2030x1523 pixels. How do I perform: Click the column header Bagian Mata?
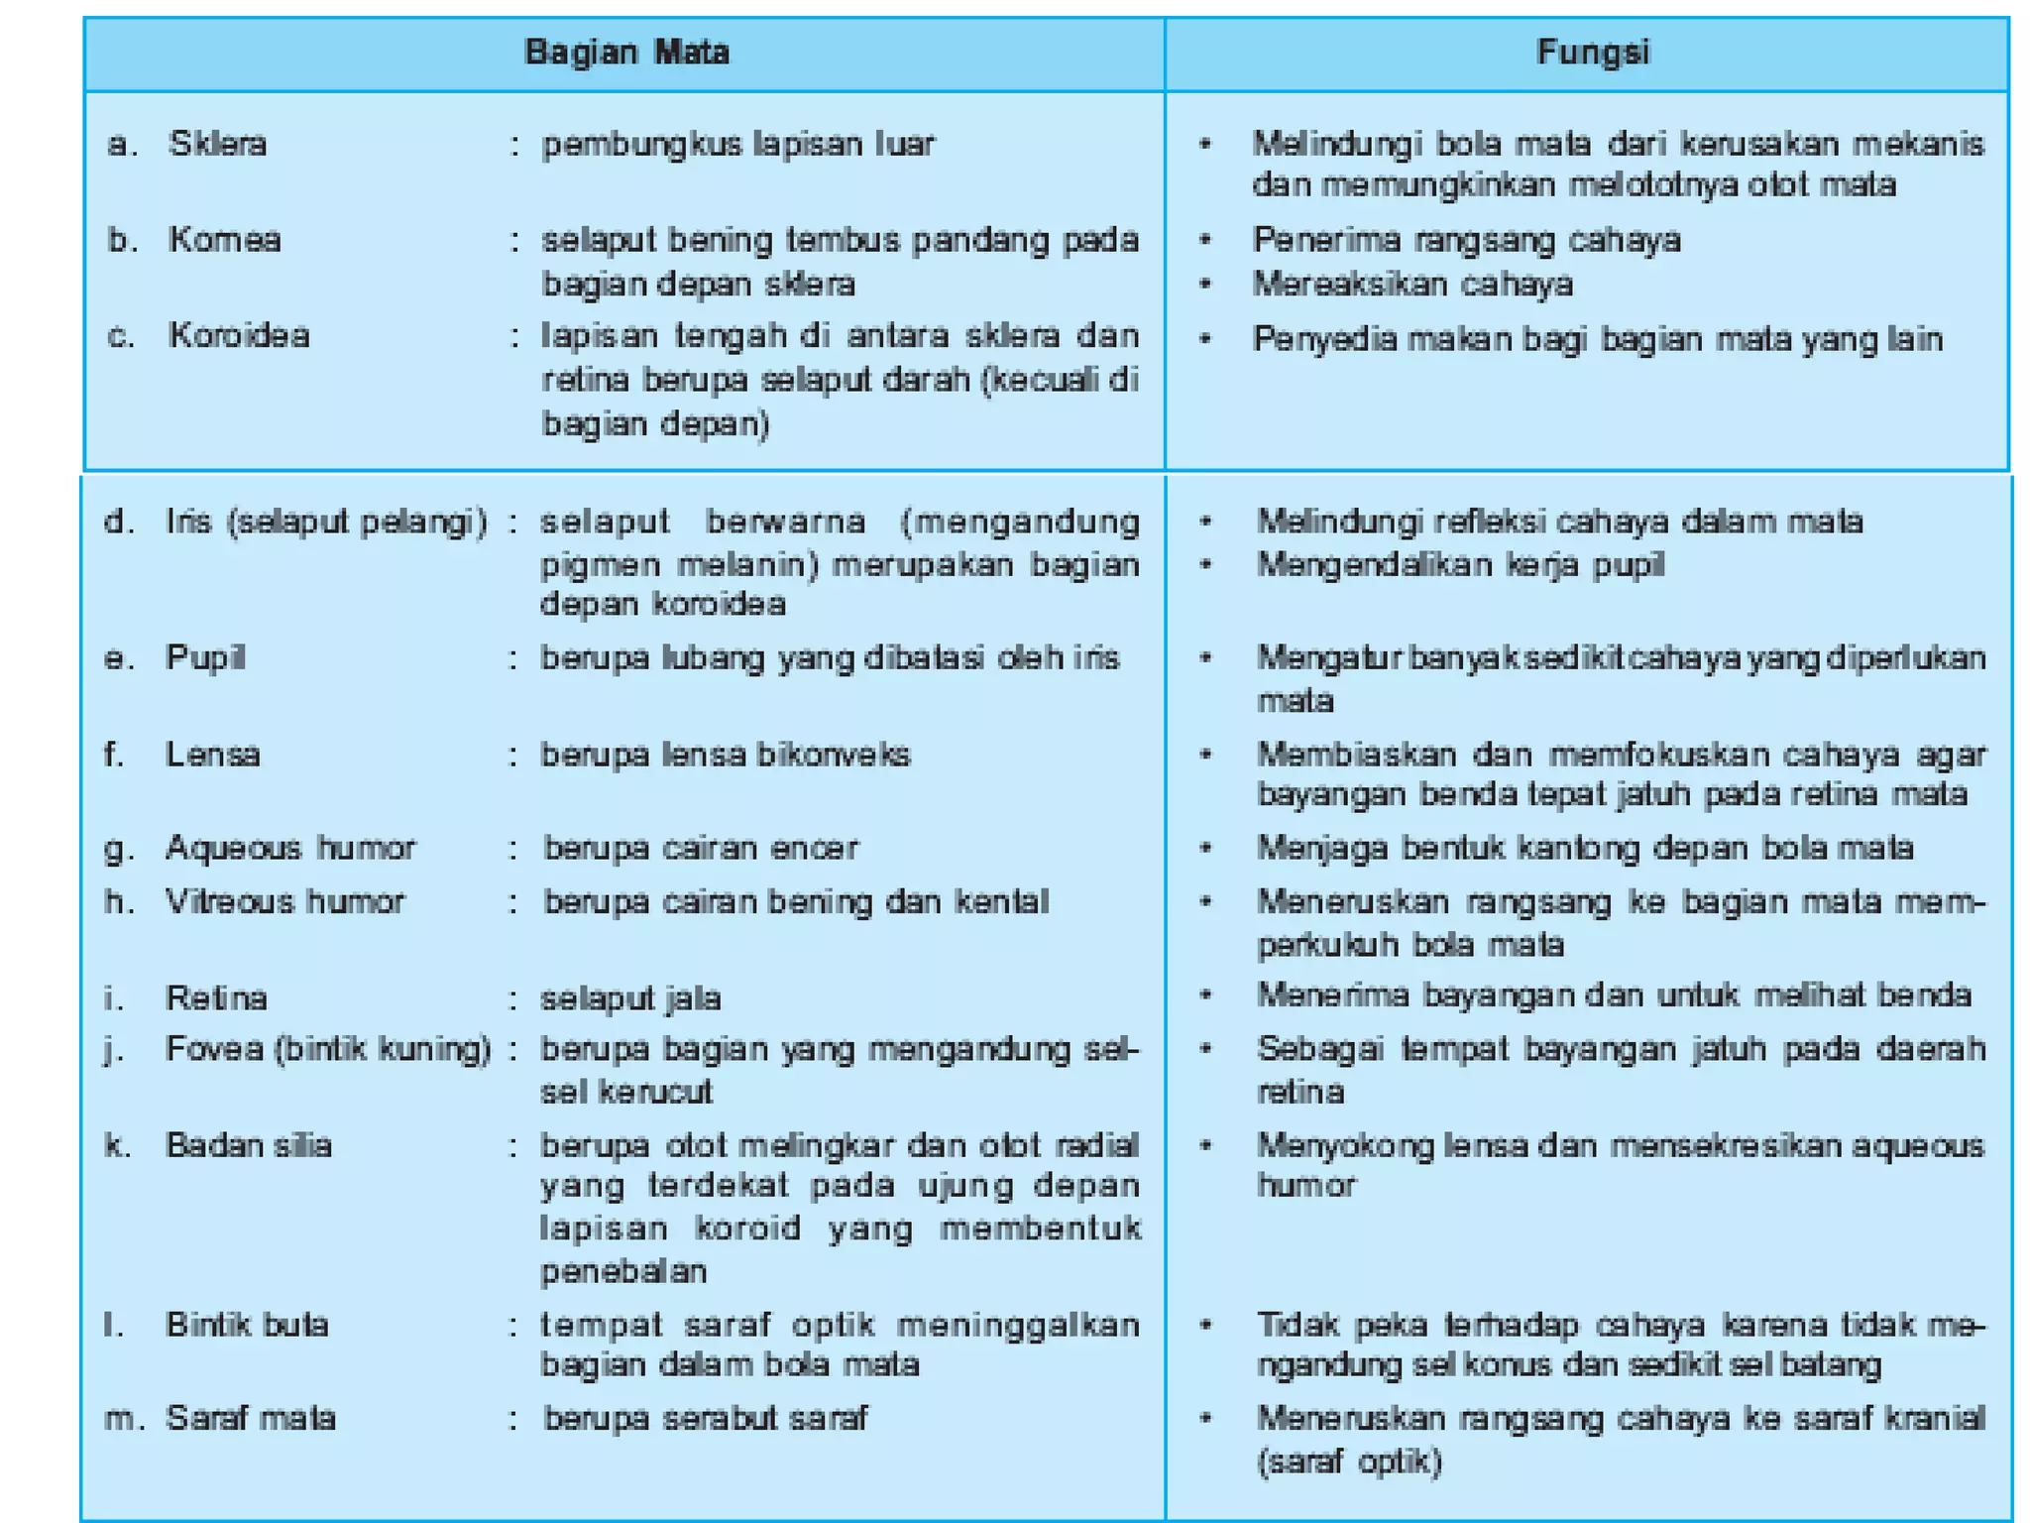click(x=626, y=52)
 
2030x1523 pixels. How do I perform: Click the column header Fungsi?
click(x=1592, y=52)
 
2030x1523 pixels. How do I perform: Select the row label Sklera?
click(x=217, y=144)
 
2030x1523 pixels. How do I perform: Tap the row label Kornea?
click(x=224, y=240)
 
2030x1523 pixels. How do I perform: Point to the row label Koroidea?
click(x=239, y=335)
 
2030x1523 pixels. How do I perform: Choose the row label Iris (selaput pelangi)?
click(x=326, y=522)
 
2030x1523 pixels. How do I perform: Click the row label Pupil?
click(x=205, y=657)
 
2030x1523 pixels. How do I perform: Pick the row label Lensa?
click(x=212, y=755)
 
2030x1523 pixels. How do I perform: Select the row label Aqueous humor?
click(x=289, y=848)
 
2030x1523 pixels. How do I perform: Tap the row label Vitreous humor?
click(x=284, y=901)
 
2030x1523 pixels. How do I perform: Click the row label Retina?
click(x=216, y=997)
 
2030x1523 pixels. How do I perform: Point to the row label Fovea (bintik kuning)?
click(x=328, y=1049)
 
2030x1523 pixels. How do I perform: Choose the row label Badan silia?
click(x=248, y=1145)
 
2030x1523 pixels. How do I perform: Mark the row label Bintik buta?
click(x=247, y=1325)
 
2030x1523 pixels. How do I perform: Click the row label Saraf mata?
click(x=250, y=1418)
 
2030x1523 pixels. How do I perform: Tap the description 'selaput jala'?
click(x=630, y=997)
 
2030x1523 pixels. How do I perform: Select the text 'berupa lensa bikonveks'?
click(x=726, y=755)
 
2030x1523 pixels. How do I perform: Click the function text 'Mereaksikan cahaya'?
click(x=1412, y=285)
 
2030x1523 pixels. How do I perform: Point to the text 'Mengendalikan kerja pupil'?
click(x=1460, y=565)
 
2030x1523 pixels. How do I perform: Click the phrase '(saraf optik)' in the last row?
click(x=1349, y=1462)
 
